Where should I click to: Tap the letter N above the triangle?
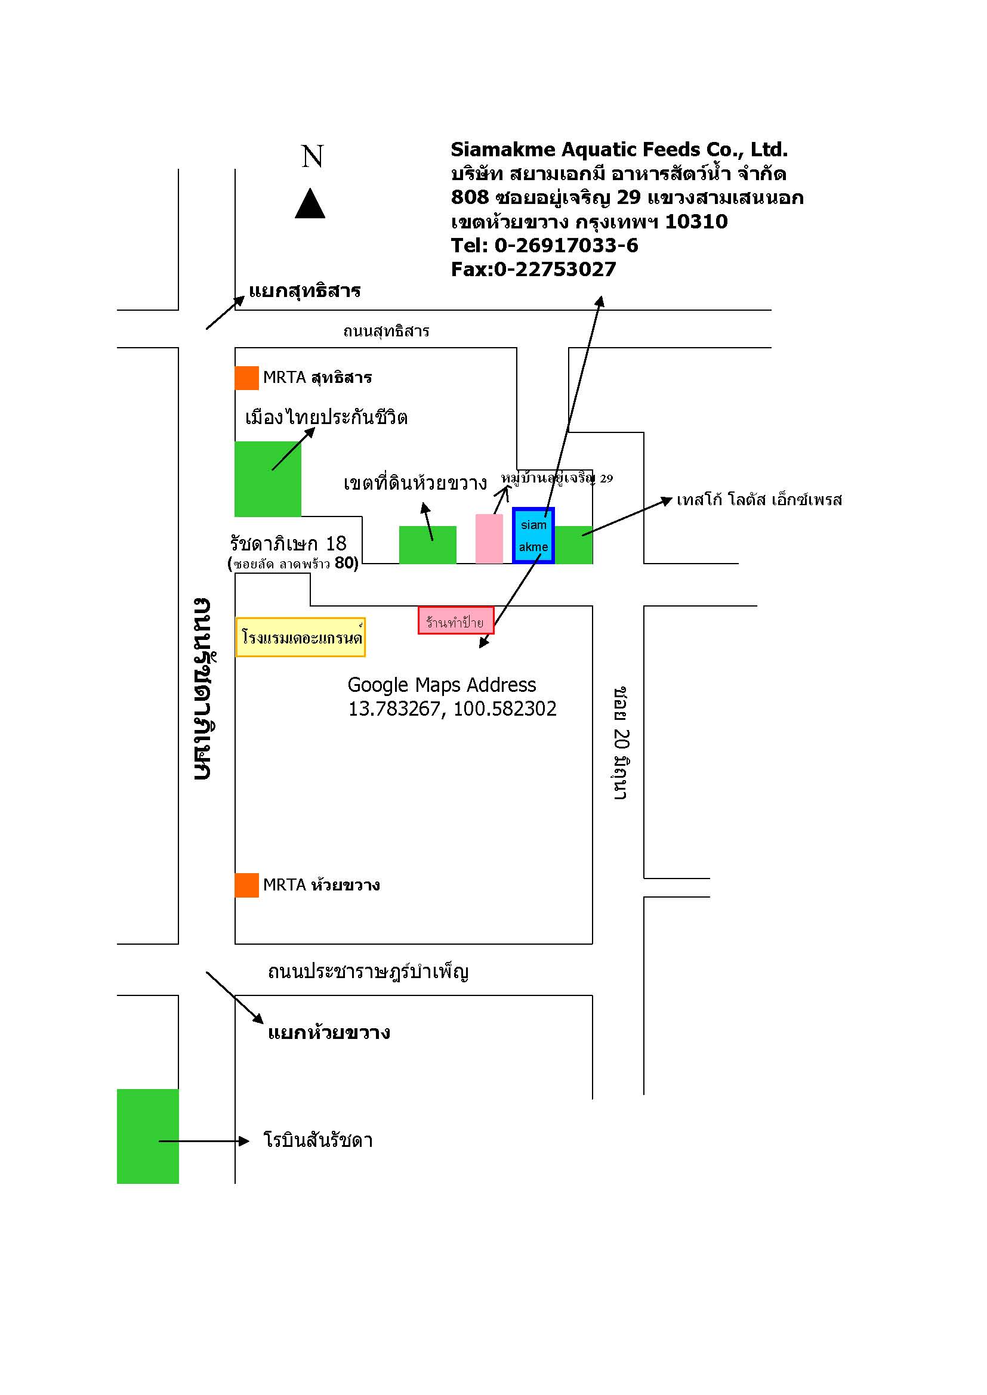coord(312,156)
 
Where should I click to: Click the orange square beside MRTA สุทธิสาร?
coord(247,378)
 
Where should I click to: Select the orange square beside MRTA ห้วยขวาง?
coord(247,885)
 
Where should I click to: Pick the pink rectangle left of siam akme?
coord(489,539)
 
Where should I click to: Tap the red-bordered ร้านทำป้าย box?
coord(456,620)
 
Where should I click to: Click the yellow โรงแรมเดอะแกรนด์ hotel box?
coord(301,638)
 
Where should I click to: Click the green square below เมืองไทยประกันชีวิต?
coord(268,479)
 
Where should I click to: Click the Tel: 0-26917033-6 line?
coord(545,246)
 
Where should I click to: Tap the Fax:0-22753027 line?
coord(533,269)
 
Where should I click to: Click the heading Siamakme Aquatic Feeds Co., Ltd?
coord(619,150)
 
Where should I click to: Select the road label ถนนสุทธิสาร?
coord(387,332)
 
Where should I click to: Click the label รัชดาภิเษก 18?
coord(288,543)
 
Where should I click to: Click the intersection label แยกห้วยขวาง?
coord(329,1032)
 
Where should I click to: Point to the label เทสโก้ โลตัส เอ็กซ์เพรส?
coord(759,499)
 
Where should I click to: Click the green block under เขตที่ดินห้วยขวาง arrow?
coord(428,545)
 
